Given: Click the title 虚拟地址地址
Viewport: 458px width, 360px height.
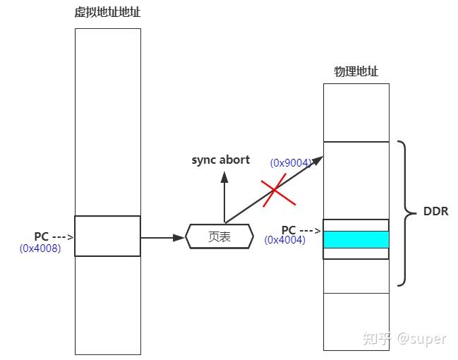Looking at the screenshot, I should coord(107,13).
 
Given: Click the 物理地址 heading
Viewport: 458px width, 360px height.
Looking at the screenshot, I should coord(356,71).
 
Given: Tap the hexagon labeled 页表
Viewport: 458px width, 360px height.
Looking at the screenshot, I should coord(219,237).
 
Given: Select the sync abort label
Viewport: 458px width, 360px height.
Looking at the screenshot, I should coord(220,160).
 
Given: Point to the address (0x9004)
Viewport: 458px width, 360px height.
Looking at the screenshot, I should coord(290,163).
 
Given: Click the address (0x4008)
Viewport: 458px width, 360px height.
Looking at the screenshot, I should coord(40,248).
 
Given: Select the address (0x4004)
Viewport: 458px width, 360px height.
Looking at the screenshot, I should coord(285,240).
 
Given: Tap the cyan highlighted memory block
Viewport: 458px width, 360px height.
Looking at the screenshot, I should coord(356,239).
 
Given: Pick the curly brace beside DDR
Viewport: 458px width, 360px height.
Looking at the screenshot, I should coord(407,212).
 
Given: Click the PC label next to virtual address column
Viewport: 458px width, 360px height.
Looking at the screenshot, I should coord(41,236).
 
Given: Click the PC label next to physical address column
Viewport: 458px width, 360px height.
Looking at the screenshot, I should coord(289,230).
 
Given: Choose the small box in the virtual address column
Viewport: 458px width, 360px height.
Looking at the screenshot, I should coord(107,236).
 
